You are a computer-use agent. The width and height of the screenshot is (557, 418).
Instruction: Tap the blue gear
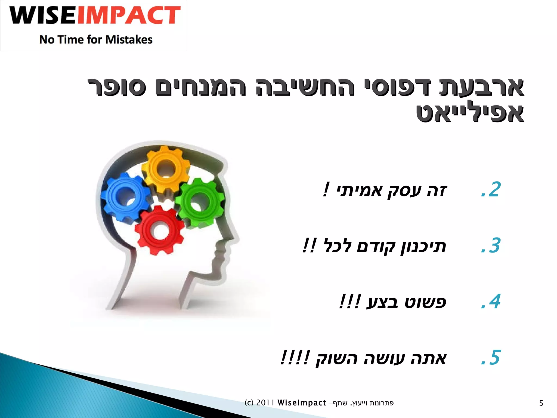(x=125, y=196)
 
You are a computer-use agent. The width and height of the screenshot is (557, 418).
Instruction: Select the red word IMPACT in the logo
(x=129, y=16)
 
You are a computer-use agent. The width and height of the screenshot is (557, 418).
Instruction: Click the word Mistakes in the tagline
(x=129, y=40)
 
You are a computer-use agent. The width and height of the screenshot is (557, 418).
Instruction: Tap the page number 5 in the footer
(x=541, y=403)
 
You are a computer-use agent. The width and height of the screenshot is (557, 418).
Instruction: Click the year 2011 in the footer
(x=265, y=403)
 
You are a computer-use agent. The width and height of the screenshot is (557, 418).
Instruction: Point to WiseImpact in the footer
(x=302, y=403)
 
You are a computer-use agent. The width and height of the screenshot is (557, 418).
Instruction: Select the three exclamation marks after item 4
(x=350, y=302)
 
